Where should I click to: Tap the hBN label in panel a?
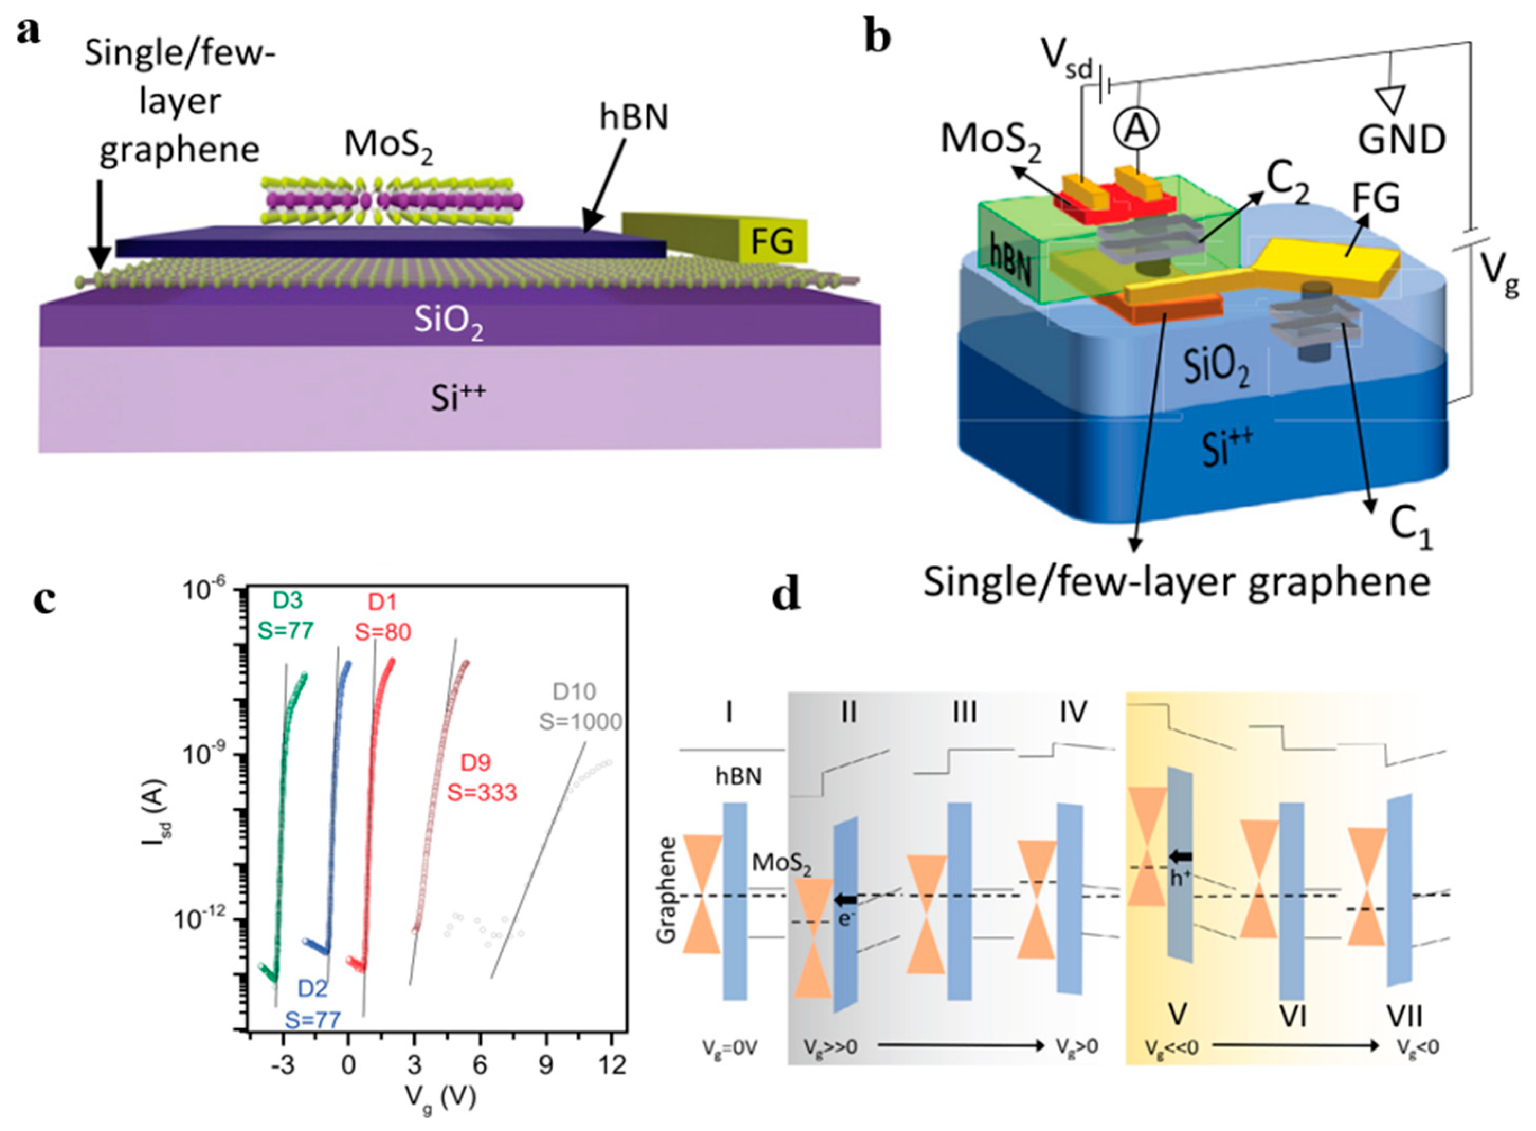(634, 118)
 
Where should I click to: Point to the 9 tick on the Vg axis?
(545, 1064)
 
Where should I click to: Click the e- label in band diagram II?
(846, 919)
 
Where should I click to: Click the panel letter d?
(785, 594)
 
